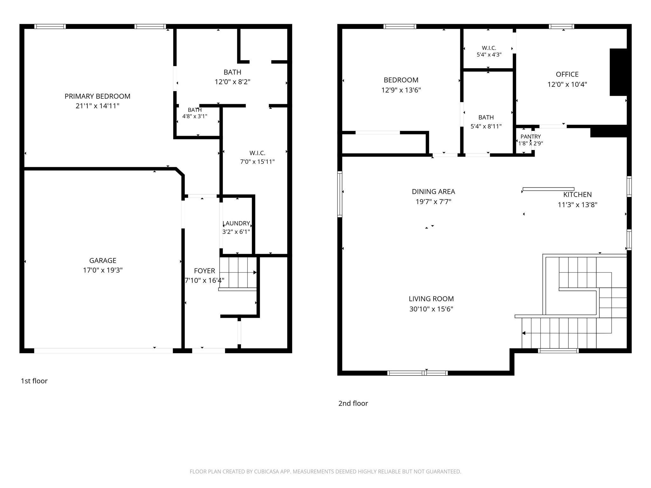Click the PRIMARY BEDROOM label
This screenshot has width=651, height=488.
coord(98,96)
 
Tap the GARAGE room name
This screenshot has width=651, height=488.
coord(103,261)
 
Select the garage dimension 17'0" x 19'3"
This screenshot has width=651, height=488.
coord(103,270)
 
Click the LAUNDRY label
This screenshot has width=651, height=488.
coord(236,223)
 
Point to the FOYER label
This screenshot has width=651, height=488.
coord(204,271)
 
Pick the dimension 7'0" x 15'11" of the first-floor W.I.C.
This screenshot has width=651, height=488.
coord(257,162)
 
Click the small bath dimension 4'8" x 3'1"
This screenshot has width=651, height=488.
coord(195,116)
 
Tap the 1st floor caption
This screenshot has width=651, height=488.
coord(34,381)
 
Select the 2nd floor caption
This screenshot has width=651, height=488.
coord(353,403)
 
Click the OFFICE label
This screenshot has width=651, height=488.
coord(567,74)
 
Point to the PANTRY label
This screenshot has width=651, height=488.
coord(531,137)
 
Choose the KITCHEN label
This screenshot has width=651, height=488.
coord(578,195)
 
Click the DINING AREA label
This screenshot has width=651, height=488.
coord(434,192)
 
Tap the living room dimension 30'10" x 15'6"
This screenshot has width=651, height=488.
coord(431,309)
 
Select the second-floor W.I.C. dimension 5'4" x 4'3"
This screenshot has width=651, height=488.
coord(489,55)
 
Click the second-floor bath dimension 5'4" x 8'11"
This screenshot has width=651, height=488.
coord(486,126)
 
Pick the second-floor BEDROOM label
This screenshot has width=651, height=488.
coord(401,80)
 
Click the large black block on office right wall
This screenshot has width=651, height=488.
coord(618,72)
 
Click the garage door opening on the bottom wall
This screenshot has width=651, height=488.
coord(104,351)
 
